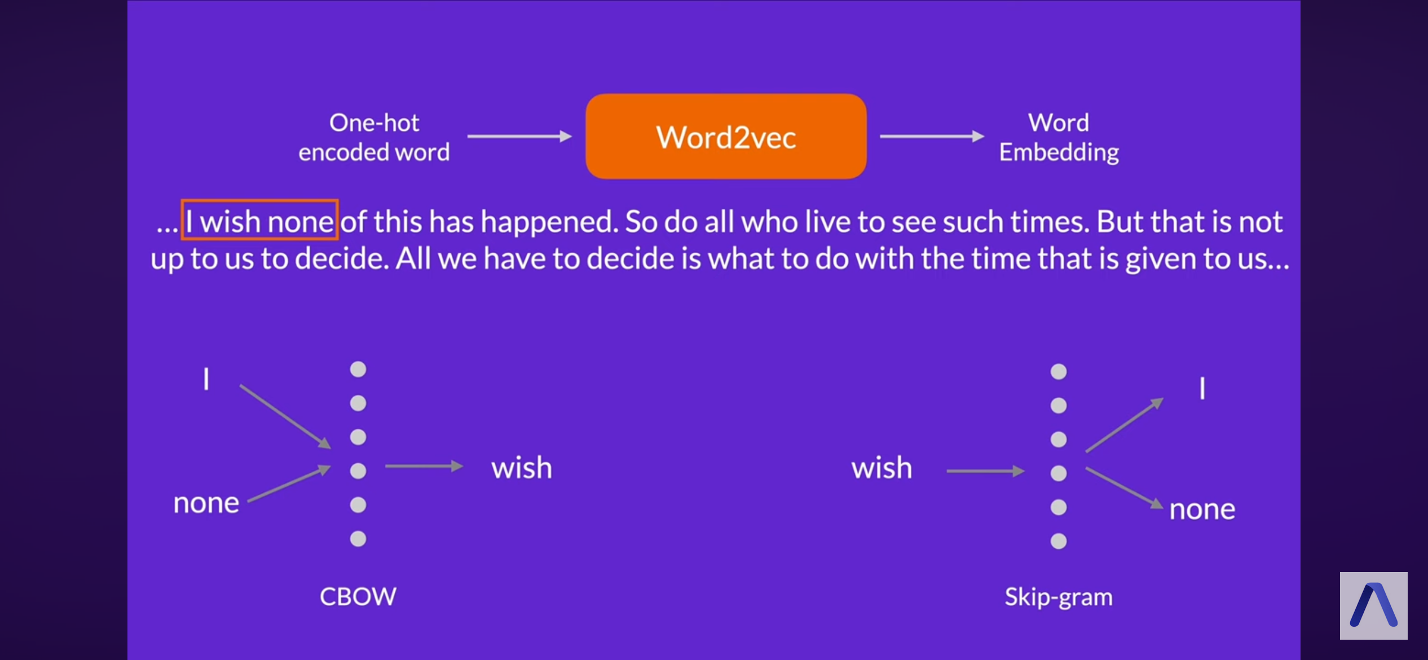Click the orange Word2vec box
(x=726, y=137)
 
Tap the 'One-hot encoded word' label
(x=374, y=137)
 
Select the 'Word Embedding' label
(x=1059, y=137)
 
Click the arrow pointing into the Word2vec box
(x=519, y=136)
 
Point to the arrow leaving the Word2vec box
(x=932, y=136)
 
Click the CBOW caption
(x=358, y=596)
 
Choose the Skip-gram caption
(x=1059, y=597)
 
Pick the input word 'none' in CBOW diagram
(x=206, y=503)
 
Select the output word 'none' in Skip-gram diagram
(x=1202, y=509)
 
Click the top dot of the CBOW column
(x=358, y=369)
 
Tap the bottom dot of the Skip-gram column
(x=1059, y=542)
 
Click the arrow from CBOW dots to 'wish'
(x=424, y=466)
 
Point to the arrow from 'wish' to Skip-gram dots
(x=985, y=470)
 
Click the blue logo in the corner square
(x=1373, y=605)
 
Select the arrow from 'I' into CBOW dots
(x=285, y=416)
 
